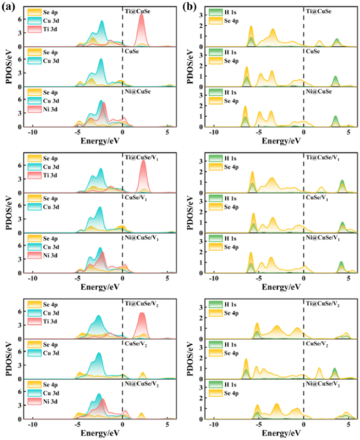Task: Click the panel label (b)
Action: (189, 6)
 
